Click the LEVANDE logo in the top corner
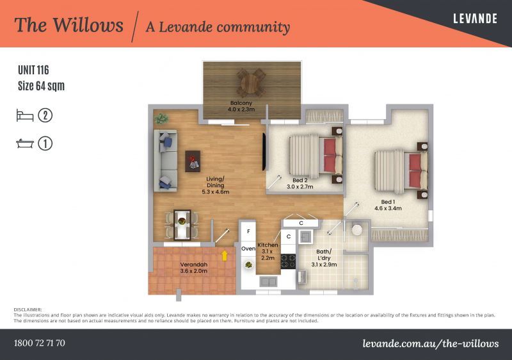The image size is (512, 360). pyautogui.click(x=475, y=19)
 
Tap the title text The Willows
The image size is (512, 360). pyautogui.click(x=68, y=26)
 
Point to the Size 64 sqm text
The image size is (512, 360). pyautogui.click(x=41, y=85)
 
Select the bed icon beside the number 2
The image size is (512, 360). pyautogui.click(x=24, y=115)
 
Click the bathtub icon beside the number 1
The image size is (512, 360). pyautogui.click(x=24, y=143)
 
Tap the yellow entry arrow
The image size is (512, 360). pyautogui.click(x=225, y=256)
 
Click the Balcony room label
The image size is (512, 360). pyautogui.click(x=241, y=106)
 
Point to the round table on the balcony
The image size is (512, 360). pyautogui.click(x=251, y=82)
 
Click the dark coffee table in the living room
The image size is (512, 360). pyautogui.click(x=193, y=161)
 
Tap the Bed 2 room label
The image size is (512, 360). pyautogui.click(x=300, y=183)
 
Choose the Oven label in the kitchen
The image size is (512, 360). pyautogui.click(x=248, y=248)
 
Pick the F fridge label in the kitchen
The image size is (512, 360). pyautogui.click(x=248, y=230)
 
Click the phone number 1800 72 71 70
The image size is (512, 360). pyautogui.click(x=40, y=343)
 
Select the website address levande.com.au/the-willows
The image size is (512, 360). pyautogui.click(x=430, y=343)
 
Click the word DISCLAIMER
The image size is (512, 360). pyautogui.click(x=28, y=309)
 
